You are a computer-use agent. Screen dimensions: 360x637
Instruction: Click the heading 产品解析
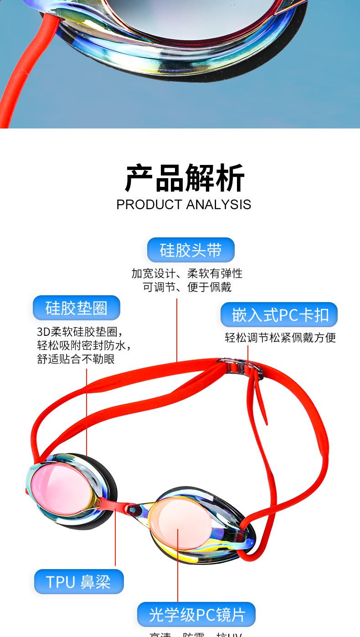click(x=185, y=178)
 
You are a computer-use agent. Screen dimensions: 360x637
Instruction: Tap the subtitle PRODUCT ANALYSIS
click(x=184, y=205)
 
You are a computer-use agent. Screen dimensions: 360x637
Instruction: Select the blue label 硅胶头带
click(x=190, y=250)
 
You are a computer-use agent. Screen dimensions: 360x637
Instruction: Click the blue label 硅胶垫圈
click(x=76, y=308)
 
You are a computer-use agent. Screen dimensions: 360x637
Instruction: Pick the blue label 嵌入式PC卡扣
click(x=279, y=315)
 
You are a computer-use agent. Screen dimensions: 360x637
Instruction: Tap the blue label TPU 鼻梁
click(x=78, y=582)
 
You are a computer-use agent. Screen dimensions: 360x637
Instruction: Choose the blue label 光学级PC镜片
click(x=196, y=615)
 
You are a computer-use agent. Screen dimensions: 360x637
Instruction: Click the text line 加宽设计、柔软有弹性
click(x=187, y=273)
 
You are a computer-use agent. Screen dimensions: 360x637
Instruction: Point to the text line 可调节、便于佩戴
click(x=187, y=287)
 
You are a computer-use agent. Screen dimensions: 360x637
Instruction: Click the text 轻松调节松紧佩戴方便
click(x=280, y=338)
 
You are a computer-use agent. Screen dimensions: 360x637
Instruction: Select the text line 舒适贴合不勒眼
click(x=76, y=359)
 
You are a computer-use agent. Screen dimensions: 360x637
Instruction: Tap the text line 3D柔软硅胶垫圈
click(x=80, y=331)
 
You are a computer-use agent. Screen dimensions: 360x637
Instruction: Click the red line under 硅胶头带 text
click(x=177, y=328)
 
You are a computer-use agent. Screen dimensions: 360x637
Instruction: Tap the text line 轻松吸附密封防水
click(x=83, y=345)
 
